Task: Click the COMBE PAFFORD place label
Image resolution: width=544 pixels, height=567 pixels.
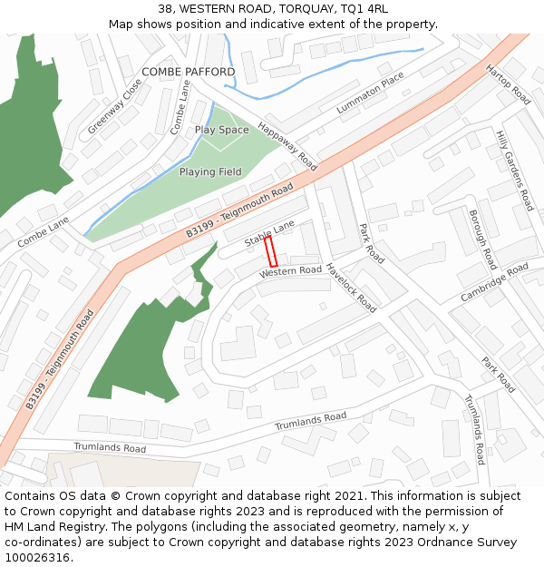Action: point(188,72)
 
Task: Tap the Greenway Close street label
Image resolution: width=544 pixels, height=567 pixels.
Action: point(114,108)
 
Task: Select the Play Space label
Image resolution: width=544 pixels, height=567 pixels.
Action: point(221,131)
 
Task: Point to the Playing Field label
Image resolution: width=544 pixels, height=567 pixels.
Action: point(210,172)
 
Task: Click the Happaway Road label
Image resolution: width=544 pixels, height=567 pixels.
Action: point(287,146)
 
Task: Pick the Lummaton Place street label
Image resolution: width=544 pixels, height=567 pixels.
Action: point(370,94)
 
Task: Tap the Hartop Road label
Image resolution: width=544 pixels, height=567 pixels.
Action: point(508,84)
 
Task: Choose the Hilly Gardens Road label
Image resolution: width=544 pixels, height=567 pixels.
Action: point(513,171)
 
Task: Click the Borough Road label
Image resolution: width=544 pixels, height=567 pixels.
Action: point(481,239)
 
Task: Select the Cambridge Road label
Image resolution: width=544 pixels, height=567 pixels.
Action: point(494,282)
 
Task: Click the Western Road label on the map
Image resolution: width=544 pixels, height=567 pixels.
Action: point(290,271)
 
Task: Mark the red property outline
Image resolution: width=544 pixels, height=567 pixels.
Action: point(270,251)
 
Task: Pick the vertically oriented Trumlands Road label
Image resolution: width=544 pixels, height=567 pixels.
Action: point(476,428)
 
